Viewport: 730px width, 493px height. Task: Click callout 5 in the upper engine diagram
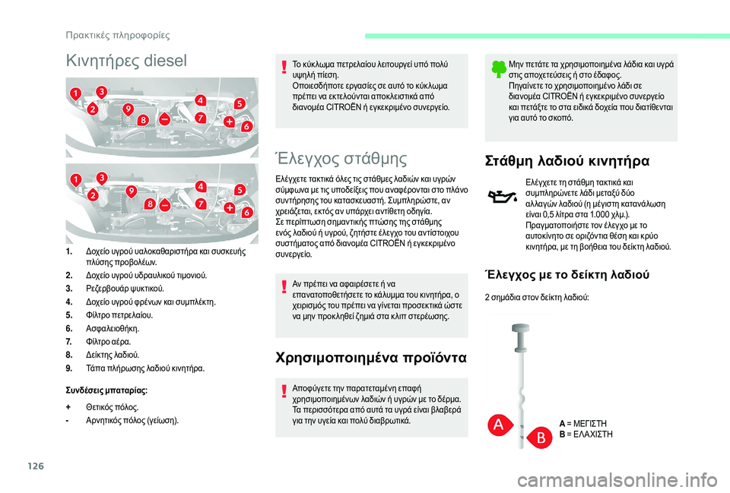(239, 103)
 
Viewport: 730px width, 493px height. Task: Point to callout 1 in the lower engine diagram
(76, 179)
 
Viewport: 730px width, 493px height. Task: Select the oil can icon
(503, 198)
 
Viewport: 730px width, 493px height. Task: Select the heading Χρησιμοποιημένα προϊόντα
(371, 356)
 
